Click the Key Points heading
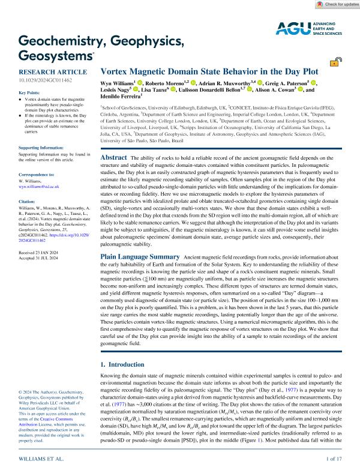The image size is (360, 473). tap(30, 92)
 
